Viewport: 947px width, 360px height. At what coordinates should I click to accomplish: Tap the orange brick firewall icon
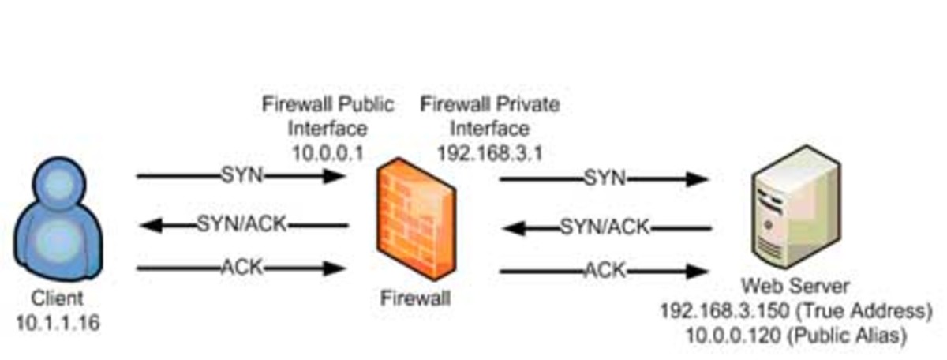(416, 219)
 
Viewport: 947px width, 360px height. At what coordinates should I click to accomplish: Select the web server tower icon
(795, 208)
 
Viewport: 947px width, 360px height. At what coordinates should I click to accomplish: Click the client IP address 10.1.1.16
(58, 323)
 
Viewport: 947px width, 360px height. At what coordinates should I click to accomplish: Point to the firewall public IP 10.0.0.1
(328, 153)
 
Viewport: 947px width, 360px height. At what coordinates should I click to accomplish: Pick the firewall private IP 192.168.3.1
(490, 153)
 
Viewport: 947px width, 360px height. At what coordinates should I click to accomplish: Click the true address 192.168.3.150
(724, 311)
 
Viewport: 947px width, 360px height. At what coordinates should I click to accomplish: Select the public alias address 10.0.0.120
(733, 336)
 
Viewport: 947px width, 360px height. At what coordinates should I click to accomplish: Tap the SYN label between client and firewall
(242, 175)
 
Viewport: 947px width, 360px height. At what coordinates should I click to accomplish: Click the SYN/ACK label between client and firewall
(242, 224)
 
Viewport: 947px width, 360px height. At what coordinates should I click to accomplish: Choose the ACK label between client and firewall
(242, 268)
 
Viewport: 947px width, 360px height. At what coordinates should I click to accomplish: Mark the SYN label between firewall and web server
(605, 178)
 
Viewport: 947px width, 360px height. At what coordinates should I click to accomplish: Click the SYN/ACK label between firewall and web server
(605, 227)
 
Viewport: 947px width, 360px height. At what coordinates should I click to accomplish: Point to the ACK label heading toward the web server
(605, 270)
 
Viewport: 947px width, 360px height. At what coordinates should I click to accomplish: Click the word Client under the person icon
(57, 298)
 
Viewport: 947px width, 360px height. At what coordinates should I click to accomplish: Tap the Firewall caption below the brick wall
(416, 298)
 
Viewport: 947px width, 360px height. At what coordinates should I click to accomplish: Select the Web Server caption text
(795, 287)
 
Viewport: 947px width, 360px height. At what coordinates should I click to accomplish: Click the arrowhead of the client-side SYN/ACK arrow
(151, 225)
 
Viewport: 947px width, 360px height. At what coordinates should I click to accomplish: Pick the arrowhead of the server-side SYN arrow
(697, 179)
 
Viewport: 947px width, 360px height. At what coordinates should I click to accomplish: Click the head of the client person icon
(59, 182)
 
